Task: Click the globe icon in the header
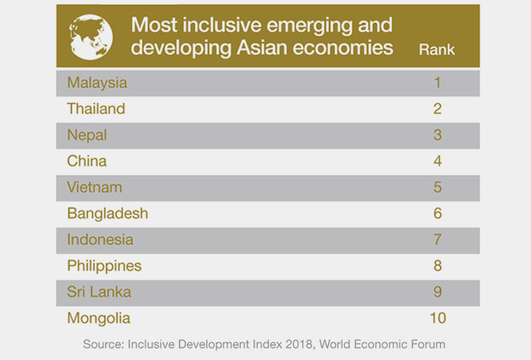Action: coord(91,37)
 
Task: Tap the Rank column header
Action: coord(437,50)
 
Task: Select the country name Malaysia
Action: coord(97,83)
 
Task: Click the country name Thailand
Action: coord(96,109)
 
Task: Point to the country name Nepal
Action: coord(87,135)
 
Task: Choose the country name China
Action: coord(87,161)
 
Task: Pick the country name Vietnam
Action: coord(94,188)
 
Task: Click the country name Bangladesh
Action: coord(107,213)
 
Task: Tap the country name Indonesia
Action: coord(100,240)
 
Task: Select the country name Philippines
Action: coord(104,266)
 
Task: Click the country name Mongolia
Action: coord(99,318)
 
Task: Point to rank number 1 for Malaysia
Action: coord(437,83)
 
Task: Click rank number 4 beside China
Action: coord(437,161)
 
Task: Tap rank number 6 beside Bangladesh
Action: coord(437,213)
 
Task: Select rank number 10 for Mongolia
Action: coord(437,318)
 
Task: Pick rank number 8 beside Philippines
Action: coord(437,266)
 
